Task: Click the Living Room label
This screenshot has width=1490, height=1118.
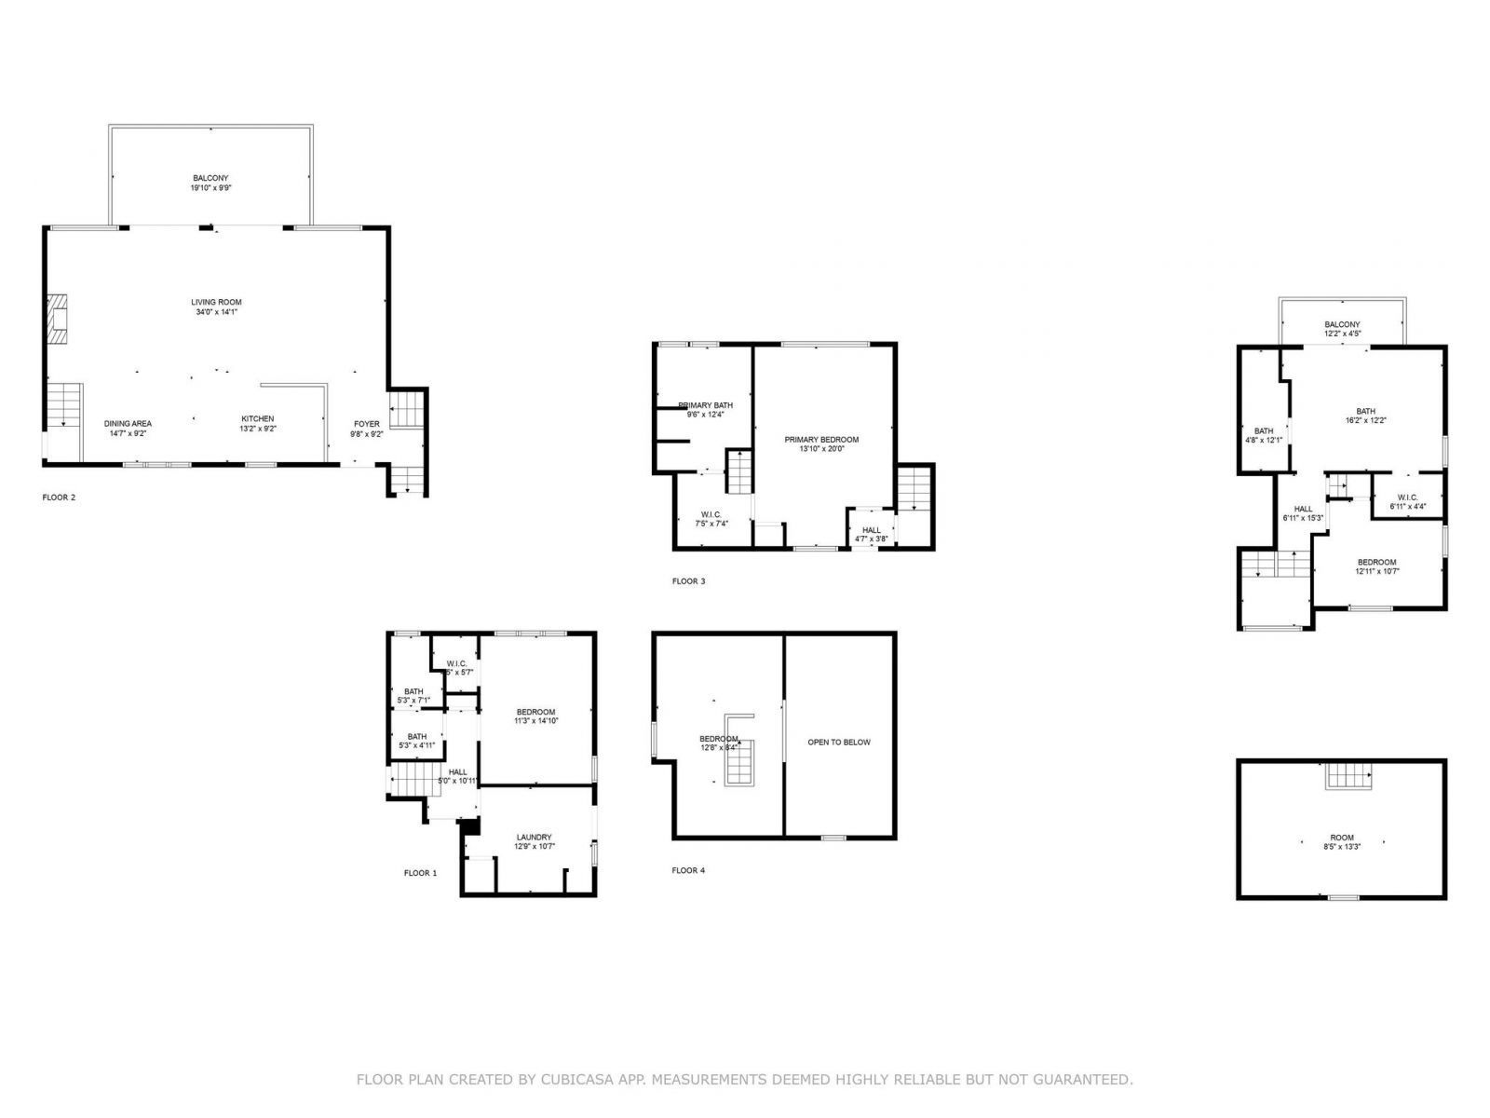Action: click(x=216, y=303)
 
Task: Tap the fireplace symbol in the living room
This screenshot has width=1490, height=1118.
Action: click(x=59, y=320)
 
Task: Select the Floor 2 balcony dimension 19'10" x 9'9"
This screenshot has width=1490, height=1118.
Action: click(x=210, y=187)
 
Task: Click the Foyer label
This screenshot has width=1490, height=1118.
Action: click(x=366, y=424)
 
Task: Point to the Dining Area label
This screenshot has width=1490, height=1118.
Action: click(x=128, y=424)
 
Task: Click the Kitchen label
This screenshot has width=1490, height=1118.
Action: click(x=257, y=419)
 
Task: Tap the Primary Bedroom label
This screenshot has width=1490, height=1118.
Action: click(x=820, y=440)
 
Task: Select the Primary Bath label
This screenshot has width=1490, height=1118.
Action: click(x=706, y=405)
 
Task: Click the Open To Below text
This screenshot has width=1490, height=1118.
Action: click(x=838, y=743)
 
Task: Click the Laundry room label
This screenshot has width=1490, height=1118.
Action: click(x=534, y=838)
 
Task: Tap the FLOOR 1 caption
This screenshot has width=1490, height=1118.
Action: click(x=419, y=873)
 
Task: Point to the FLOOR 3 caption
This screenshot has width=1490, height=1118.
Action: click(x=688, y=581)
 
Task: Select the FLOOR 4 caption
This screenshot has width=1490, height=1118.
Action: click(x=688, y=870)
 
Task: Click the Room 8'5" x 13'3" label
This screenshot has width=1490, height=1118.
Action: click(x=1341, y=838)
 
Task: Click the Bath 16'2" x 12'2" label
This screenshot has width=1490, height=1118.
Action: click(x=1365, y=412)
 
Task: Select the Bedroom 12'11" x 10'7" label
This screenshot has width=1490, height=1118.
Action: click(x=1376, y=563)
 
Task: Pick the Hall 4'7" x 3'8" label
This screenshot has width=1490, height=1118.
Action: click(x=871, y=530)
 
